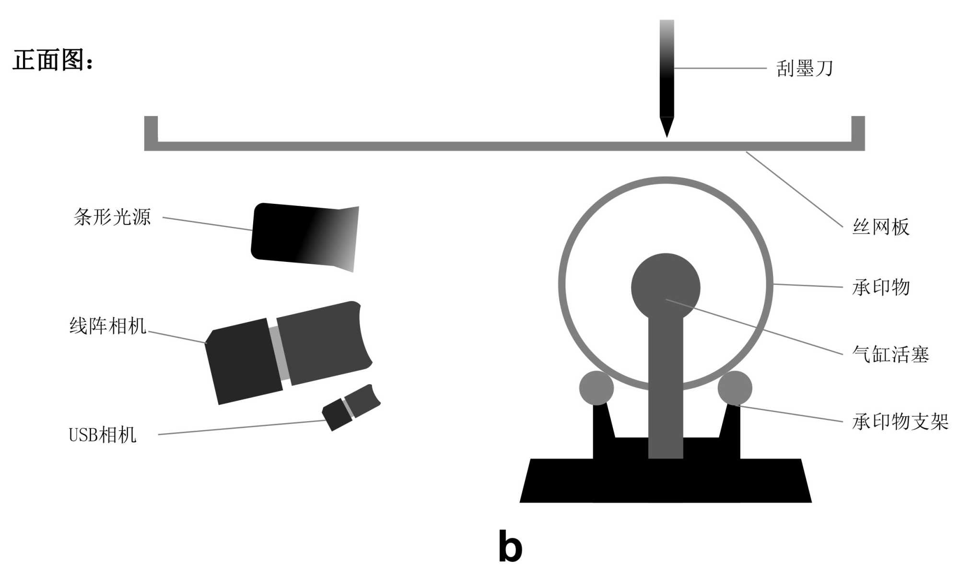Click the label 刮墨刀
tap(805, 69)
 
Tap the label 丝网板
tap(880, 227)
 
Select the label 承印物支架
tap(900, 422)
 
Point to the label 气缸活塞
tap(890, 354)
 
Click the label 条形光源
tap(112, 217)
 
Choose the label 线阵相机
tap(108, 326)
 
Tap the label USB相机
tap(103, 435)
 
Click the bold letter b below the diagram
tap(510, 546)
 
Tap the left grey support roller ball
tap(596, 388)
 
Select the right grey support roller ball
tap(735, 388)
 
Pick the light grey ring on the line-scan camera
tap(279, 353)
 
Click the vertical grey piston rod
tap(666, 384)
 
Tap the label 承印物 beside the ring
tap(880, 287)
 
